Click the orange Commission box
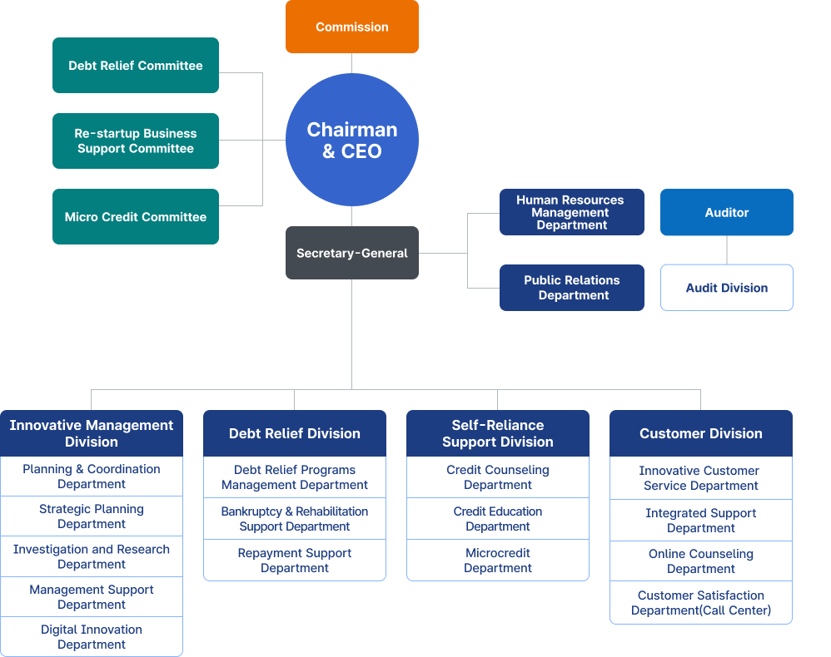(351, 27)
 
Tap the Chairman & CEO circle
(351, 140)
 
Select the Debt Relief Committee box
(136, 65)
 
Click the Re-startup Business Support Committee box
(136, 141)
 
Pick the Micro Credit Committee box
(136, 216)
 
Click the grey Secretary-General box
(351, 253)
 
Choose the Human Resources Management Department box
(571, 212)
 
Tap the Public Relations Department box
(571, 288)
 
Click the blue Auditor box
(726, 212)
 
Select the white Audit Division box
(726, 288)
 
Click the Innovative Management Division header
(92, 433)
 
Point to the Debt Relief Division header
(295, 433)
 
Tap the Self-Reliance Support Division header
(498, 433)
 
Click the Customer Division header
(700, 433)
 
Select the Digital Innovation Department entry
(92, 637)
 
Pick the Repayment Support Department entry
(295, 561)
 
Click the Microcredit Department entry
(498, 561)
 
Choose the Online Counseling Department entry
(700, 561)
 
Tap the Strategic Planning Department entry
(92, 516)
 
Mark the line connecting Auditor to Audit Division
(727, 250)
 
